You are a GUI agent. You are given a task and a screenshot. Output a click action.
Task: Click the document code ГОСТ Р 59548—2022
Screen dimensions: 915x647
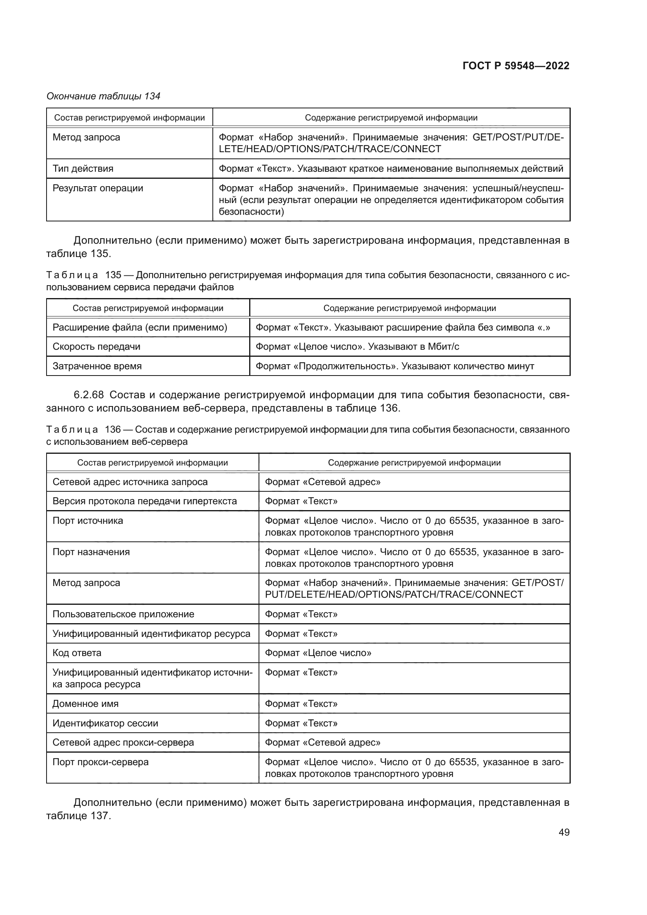[516, 66]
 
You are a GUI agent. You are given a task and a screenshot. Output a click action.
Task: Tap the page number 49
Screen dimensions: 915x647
[564, 832]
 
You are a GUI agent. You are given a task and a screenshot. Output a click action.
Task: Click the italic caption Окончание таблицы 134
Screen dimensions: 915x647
[103, 96]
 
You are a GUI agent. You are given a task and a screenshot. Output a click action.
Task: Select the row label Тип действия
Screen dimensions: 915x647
[83, 169]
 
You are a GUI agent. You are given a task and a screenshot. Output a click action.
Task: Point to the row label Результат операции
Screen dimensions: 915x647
[98, 188]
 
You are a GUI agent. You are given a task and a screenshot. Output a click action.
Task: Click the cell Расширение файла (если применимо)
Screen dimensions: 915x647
[140, 327]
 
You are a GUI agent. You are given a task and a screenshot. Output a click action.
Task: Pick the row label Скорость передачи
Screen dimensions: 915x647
[96, 347]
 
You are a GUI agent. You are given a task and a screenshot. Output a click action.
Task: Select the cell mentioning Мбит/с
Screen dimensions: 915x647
[357, 347]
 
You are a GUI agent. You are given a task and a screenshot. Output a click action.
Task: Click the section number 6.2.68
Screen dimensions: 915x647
[88, 395]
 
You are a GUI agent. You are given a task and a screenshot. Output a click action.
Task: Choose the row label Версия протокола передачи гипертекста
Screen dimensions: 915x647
[145, 502]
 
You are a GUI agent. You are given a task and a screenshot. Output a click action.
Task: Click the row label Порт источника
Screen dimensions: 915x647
[88, 521]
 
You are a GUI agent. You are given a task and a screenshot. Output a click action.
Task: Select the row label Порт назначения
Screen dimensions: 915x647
[91, 552]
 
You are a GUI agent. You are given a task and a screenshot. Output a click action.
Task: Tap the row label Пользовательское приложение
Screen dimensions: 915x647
[123, 614]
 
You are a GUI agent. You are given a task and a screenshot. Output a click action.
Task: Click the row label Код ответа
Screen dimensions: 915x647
[77, 653]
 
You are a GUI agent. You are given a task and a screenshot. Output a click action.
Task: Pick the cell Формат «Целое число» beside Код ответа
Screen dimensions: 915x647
[318, 653]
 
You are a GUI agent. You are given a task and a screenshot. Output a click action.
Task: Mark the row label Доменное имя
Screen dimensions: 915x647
[85, 704]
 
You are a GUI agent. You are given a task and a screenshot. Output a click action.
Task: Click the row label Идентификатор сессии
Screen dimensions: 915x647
[105, 723]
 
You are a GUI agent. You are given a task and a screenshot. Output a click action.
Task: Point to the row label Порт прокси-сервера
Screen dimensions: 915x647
[101, 762]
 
